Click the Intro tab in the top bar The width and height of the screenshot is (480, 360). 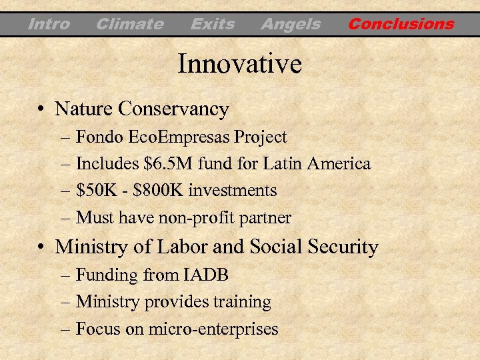pyautogui.click(x=49, y=25)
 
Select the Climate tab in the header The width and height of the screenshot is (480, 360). pyautogui.click(x=129, y=25)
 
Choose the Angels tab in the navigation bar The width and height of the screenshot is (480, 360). pyautogui.click(x=290, y=25)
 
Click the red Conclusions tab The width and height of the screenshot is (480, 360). pyautogui.click(x=401, y=25)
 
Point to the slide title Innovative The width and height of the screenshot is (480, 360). pyautogui.click(x=239, y=65)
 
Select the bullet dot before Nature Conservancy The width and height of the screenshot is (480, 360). pyautogui.click(x=41, y=109)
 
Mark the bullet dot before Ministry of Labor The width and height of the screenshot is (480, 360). pyautogui.click(x=41, y=247)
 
